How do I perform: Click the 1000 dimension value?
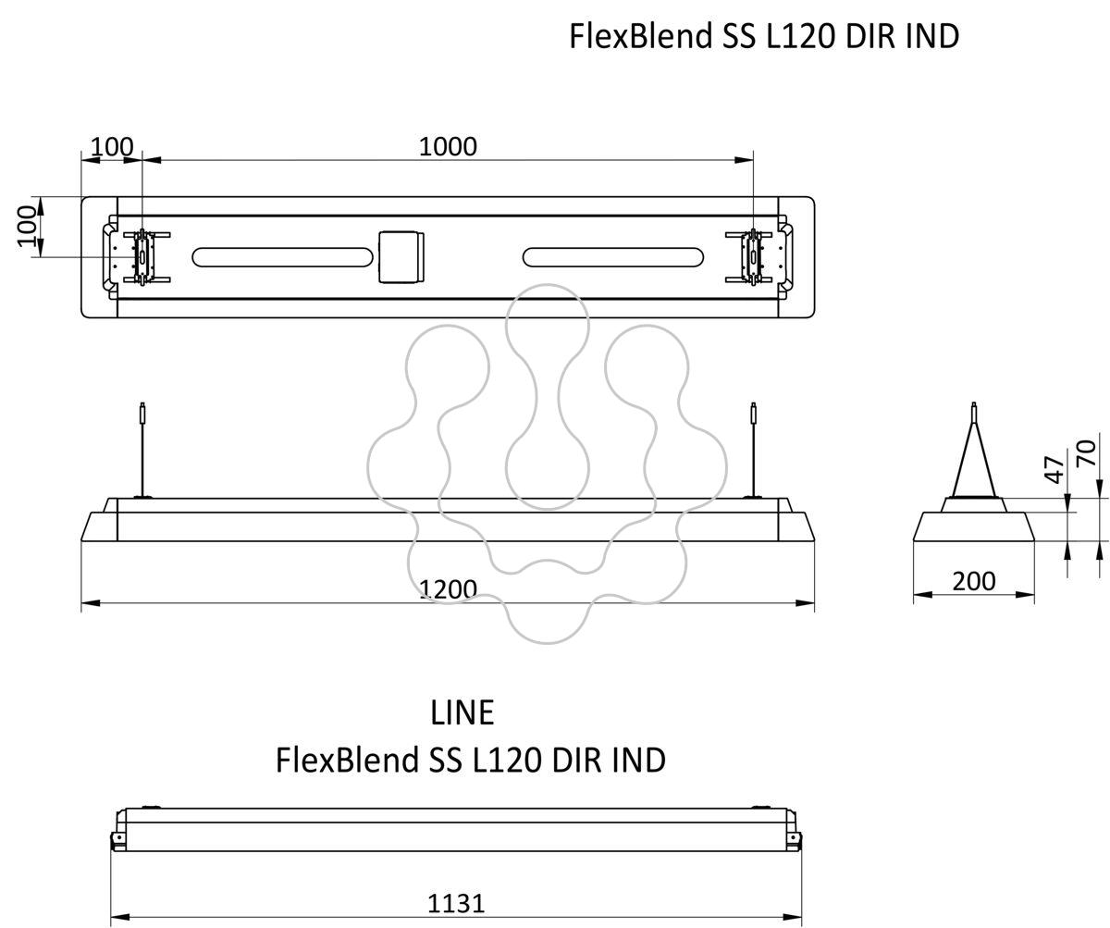tap(448, 146)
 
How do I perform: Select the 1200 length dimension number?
tap(448, 588)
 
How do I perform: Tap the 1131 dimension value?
tap(456, 903)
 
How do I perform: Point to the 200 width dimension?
tap(973, 581)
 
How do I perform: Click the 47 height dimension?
tap(1054, 469)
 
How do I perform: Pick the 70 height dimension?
tap(1086, 452)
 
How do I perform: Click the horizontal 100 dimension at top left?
tap(112, 146)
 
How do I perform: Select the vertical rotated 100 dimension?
tap(28, 227)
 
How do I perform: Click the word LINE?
tap(462, 712)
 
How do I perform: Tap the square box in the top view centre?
tap(401, 257)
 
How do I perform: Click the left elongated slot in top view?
tap(282, 257)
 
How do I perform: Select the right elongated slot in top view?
tap(613, 257)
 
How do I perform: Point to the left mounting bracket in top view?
tap(142, 257)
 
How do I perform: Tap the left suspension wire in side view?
tap(142, 450)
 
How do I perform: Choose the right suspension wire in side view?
tap(753, 450)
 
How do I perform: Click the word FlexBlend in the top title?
tap(640, 36)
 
